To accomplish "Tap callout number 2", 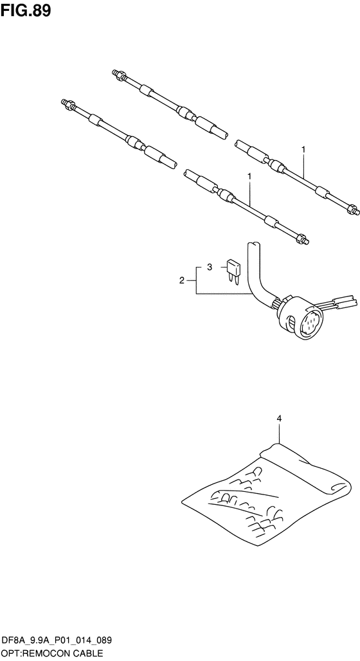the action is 182,280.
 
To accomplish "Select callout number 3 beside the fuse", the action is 210,267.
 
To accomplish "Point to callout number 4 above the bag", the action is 278,419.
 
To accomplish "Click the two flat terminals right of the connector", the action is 342,303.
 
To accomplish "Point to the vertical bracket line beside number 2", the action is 196,280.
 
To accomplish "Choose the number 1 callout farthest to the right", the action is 303,149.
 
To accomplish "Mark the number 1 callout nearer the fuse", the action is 249,176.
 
